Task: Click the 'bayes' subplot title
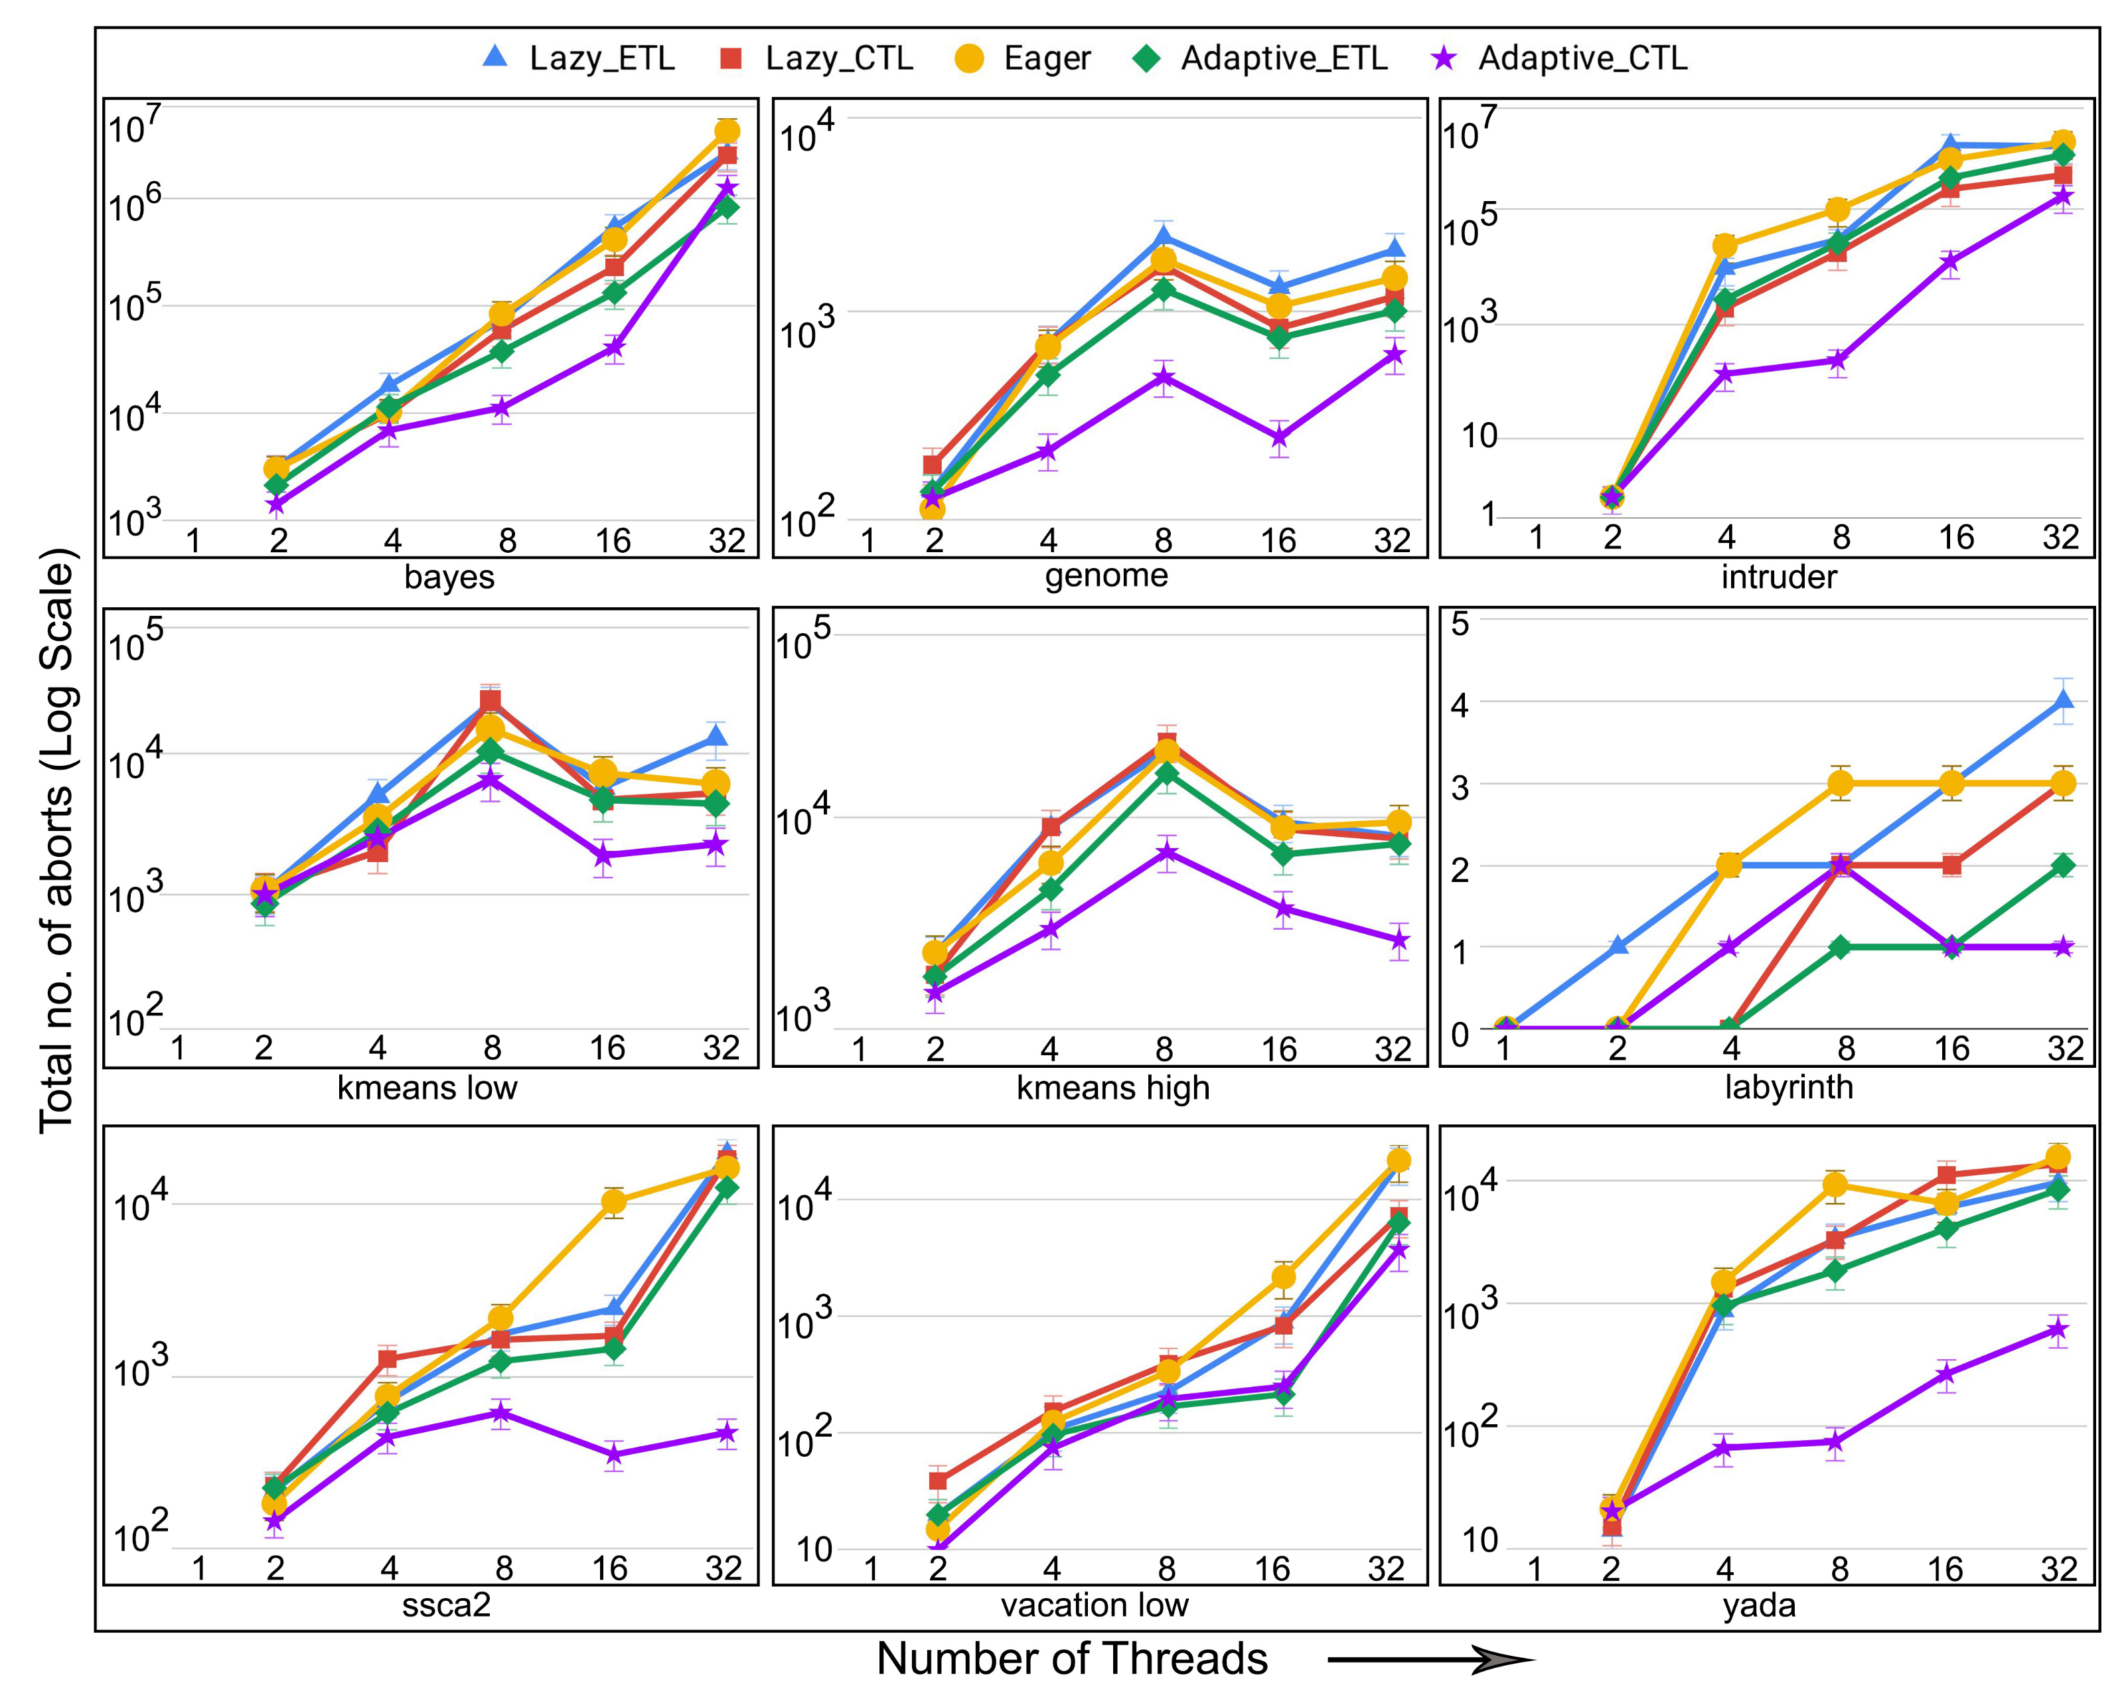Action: (x=449, y=576)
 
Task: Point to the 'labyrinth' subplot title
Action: (x=1788, y=1086)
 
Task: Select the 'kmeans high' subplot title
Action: (x=1112, y=1087)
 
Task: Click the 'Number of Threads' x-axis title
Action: (x=1072, y=1659)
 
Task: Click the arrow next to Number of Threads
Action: (x=1431, y=1660)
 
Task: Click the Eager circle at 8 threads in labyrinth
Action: (x=1840, y=783)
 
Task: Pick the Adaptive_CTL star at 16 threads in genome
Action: (x=1279, y=438)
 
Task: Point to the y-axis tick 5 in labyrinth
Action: (x=1459, y=624)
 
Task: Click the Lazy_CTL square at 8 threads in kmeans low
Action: (x=491, y=701)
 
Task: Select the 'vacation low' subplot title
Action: (x=1095, y=1604)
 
